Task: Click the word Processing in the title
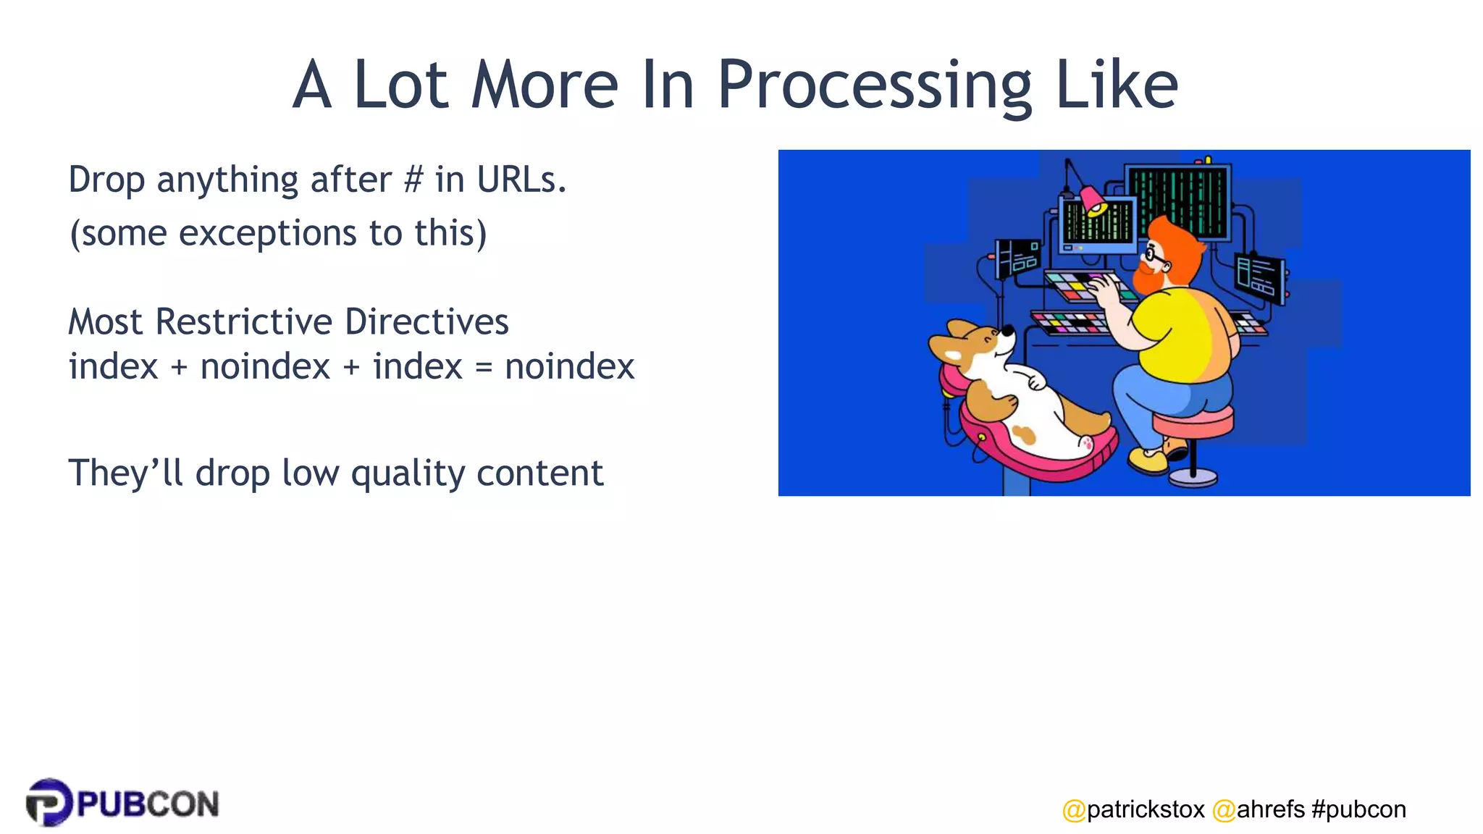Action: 873,87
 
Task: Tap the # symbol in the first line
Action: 413,180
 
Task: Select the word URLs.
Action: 521,180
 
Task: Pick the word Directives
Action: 427,321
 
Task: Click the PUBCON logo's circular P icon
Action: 49,802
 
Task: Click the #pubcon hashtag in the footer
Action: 1358,809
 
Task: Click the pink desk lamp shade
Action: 1092,199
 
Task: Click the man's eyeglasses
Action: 1154,255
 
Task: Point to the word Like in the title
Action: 1116,87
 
